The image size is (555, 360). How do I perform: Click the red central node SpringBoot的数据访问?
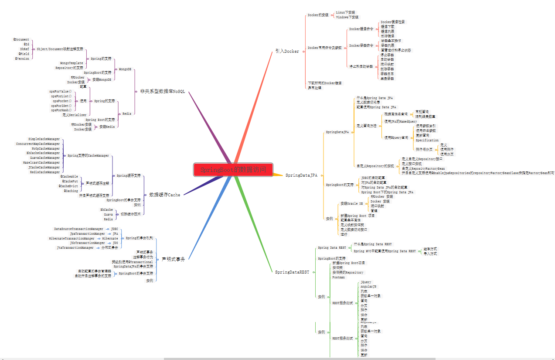click(x=233, y=170)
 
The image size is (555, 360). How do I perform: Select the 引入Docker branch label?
click(x=287, y=51)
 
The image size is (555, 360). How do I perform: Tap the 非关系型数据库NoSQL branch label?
click(x=163, y=91)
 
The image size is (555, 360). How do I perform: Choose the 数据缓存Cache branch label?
click(x=164, y=195)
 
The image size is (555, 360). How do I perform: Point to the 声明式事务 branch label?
click(x=173, y=259)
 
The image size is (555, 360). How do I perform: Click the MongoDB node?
click(x=125, y=69)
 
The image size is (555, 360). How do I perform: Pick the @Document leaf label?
click(x=21, y=40)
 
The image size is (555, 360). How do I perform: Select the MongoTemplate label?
click(x=72, y=63)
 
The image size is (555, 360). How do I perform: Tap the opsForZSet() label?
click(x=61, y=106)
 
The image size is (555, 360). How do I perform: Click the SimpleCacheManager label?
click(x=44, y=139)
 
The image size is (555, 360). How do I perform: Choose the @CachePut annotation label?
click(x=70, y=181)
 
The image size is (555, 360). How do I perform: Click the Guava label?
click(x=108, y=215)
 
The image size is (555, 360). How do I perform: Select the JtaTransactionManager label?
click(x=75, y=248)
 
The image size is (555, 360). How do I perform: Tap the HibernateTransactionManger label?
click(x=72, y=239)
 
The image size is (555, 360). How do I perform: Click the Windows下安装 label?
click(x=347, y=17)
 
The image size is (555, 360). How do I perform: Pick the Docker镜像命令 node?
click(x=361, y=29)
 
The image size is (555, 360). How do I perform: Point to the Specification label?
click(x=427, y=141)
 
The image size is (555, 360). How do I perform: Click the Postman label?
click(x=338, y=278)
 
